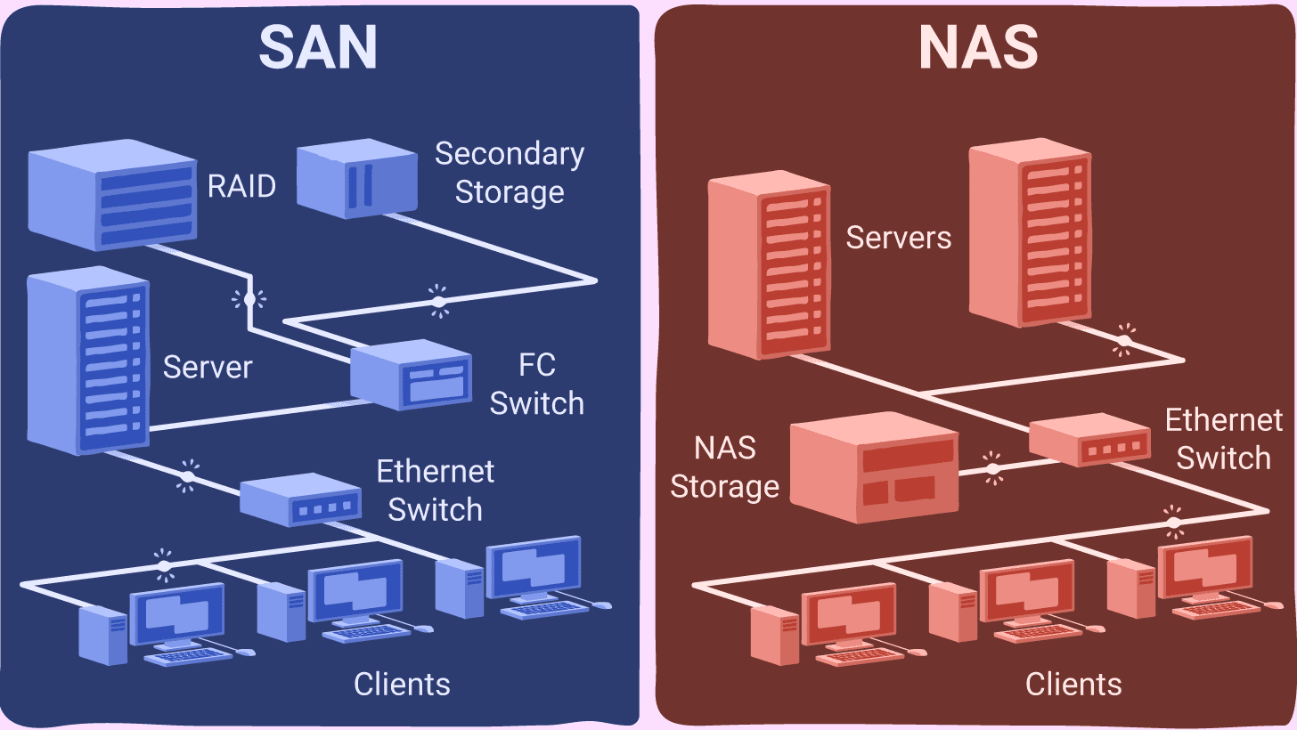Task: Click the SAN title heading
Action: tap(318, 48)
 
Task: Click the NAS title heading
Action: tap(978, 48)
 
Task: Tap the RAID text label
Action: tap(241, 187)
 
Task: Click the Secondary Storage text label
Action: tap(510, 173)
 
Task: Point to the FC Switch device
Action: tap(410, 374)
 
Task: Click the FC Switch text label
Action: tap(536, 384)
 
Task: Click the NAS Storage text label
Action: tap(724, 467)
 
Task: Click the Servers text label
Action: tap(898, 238)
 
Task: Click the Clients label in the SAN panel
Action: tap(402, 684)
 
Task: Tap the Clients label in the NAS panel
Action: tap(1073, 684)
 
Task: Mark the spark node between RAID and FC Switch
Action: tap(249, 299)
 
